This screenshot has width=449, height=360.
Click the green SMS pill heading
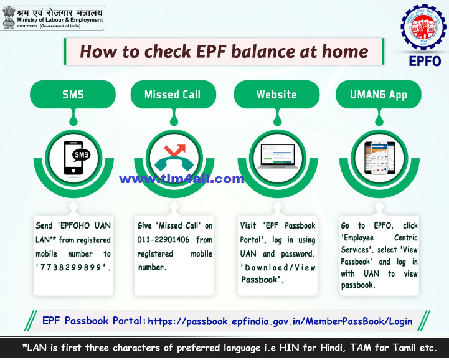click(73, 95)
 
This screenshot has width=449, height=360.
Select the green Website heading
click(276, 95)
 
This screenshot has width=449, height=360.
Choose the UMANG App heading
click(379, 95)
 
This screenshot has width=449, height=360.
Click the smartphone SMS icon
click(73, 158)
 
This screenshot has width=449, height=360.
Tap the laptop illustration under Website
click(276, 157)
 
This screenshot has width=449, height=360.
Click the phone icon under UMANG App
click(379, 158)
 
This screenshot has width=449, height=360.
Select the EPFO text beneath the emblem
click(425, 61)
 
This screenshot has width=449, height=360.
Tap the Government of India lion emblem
click(9, 17)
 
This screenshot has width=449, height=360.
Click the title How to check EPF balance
click(224, 51)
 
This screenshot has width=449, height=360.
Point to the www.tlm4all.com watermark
click(182, 179)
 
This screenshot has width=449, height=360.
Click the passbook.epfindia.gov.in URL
click(280, 321)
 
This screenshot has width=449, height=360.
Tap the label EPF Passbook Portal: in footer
click(94, 321)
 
